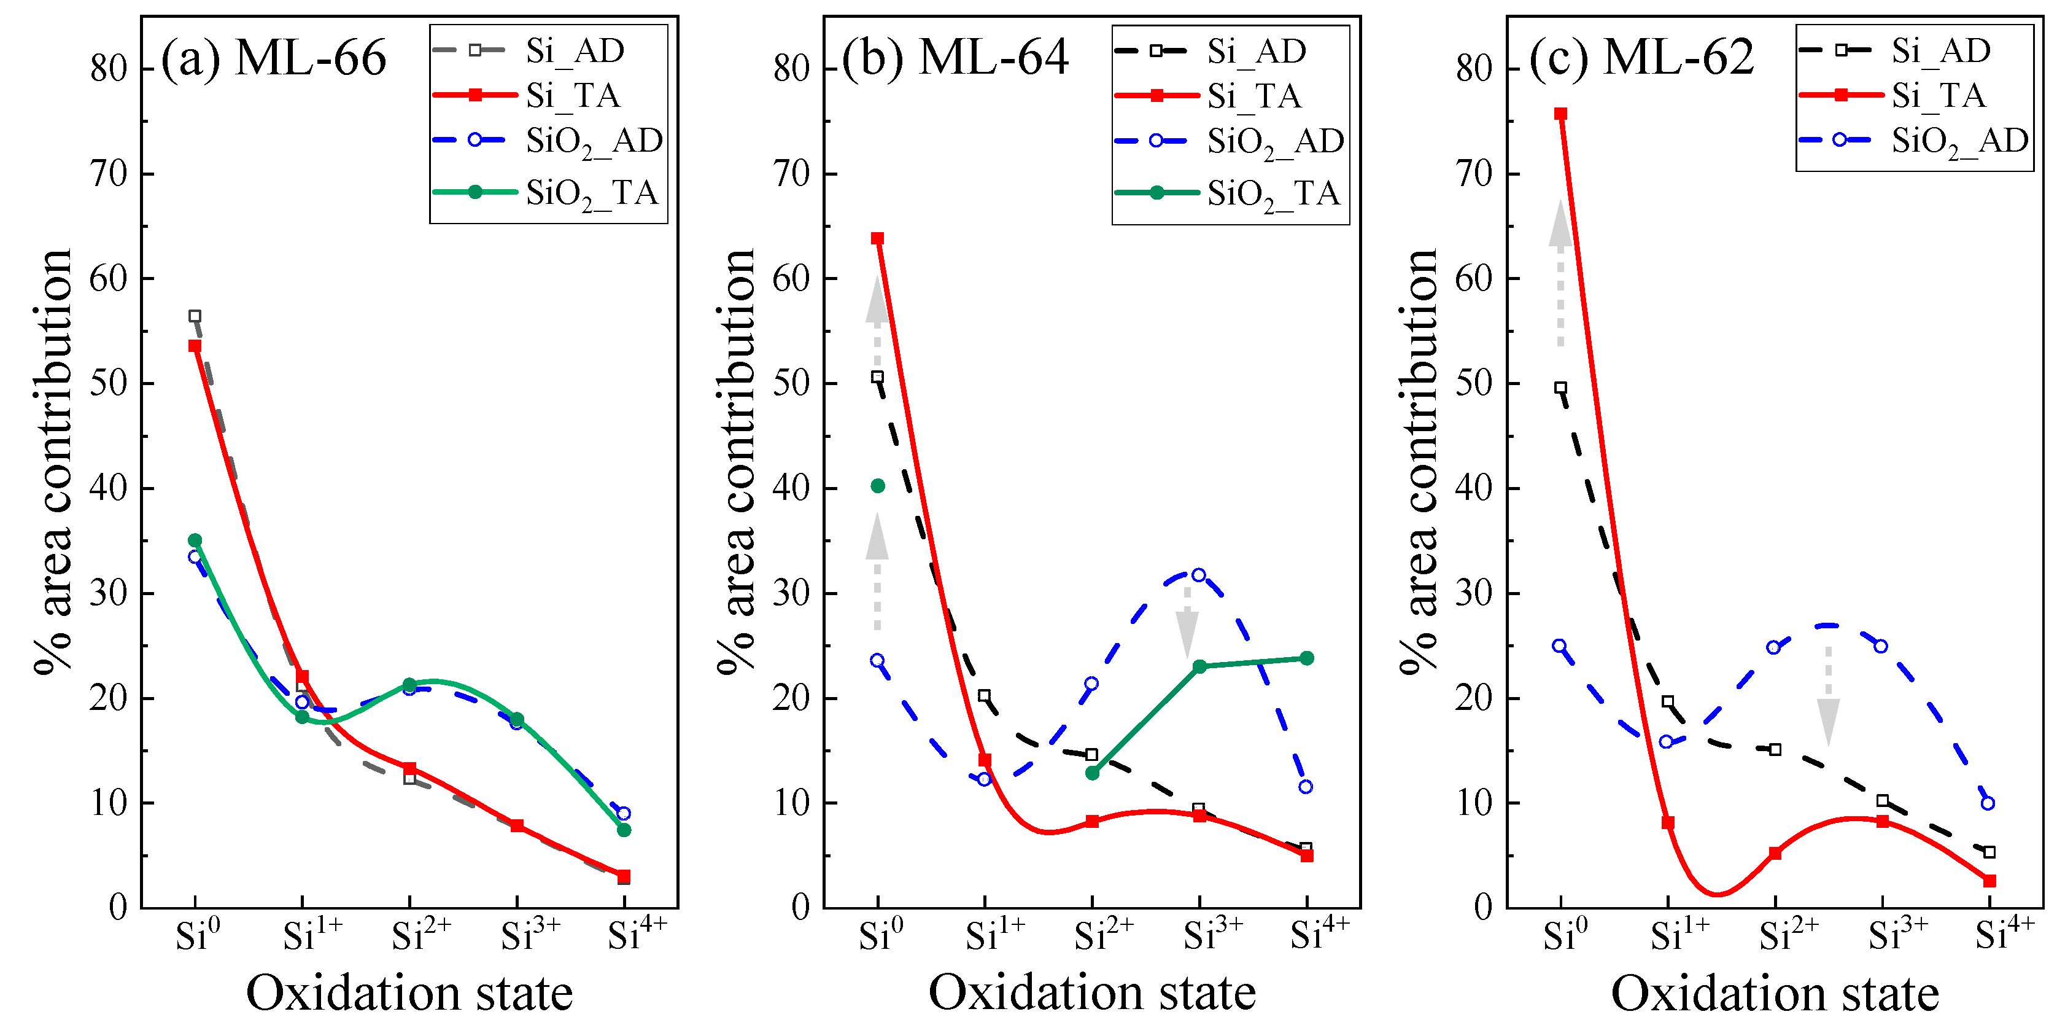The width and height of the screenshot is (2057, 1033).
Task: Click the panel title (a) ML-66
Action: pos(273,58)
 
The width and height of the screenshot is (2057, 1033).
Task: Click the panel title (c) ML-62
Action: pos(1640,58)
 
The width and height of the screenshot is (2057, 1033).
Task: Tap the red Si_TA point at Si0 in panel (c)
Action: pos(1560,114)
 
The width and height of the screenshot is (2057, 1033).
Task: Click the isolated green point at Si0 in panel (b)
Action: pos(878,486)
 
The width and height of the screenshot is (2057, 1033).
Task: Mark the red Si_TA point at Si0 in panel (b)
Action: pos(878,239)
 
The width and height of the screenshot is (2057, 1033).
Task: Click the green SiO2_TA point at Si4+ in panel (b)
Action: pos(1306,658)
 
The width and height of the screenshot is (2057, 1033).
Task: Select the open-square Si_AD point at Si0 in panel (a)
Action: pos(195,316)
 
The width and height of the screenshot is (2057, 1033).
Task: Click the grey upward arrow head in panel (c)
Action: pos(1560,224)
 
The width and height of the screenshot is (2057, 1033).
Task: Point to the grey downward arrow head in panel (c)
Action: pos(1829,720)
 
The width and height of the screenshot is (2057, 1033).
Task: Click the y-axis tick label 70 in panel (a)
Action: pos(109,174)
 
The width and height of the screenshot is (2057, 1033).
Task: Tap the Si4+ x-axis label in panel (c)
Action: pos(2004,933)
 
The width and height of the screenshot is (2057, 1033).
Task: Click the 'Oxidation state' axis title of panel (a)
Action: pos(409,993)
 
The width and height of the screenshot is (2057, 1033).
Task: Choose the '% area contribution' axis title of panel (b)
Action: pos(735,462)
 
